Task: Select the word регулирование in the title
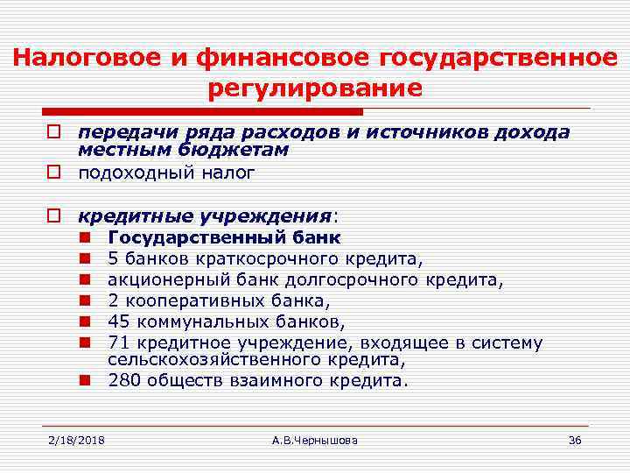(315, 88)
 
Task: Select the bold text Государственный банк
(224, 237)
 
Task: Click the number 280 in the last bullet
(123, 380)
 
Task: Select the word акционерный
(159, 279)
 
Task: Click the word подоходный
(133, 172)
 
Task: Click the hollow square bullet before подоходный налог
(53, 172)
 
